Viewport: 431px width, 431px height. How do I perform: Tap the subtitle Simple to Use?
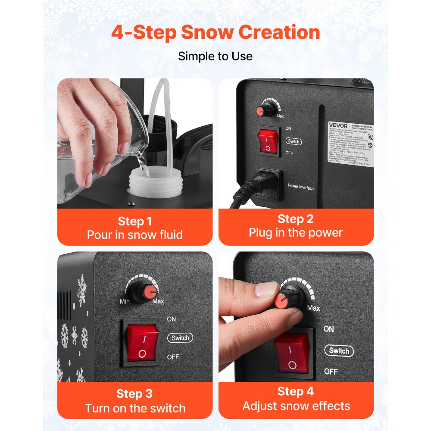215,56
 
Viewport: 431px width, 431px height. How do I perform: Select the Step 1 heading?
135,222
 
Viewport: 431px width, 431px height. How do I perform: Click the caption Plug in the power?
296,233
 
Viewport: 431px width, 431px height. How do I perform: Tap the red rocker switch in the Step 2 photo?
268,141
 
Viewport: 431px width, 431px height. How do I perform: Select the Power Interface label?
301,187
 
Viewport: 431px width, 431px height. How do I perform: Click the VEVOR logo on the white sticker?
334,125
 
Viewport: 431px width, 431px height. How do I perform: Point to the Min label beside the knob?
125,301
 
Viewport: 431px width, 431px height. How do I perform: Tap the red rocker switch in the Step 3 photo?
142,343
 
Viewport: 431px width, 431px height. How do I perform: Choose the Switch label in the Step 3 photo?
180,338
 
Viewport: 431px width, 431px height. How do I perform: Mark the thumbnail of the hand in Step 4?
266,290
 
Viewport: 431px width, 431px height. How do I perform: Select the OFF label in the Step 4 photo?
331,371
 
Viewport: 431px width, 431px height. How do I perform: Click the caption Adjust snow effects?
296,406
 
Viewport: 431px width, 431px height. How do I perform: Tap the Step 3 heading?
135,394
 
